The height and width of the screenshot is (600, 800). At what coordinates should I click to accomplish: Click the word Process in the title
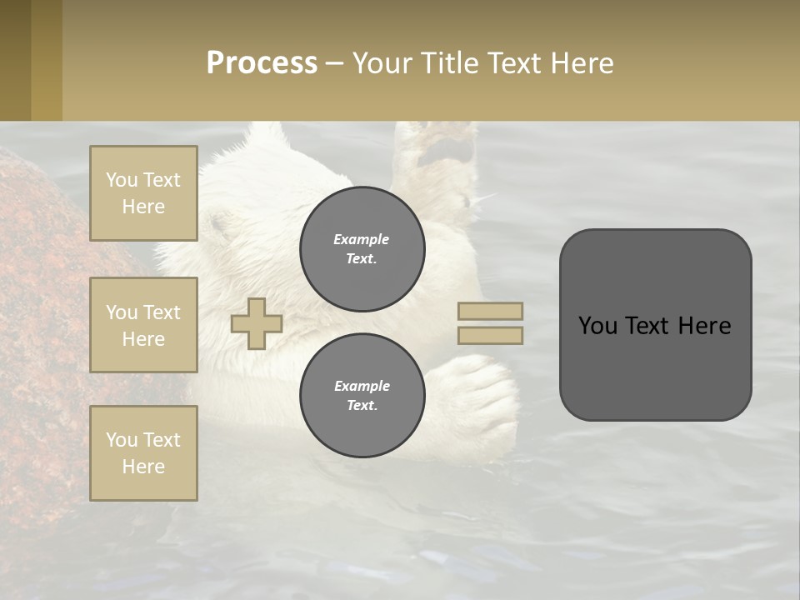[x=262, y=63]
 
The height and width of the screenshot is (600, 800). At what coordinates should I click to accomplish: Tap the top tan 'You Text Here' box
[x=143, y=193]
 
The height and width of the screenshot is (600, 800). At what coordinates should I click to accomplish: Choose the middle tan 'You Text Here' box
[x=143, y=325]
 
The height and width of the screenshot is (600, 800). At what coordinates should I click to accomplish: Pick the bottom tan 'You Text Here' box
[x=143, y=453]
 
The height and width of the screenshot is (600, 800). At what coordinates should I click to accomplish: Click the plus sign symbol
[x=257, y=323]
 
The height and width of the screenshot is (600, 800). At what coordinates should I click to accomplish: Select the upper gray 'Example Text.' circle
[x=362, y=248]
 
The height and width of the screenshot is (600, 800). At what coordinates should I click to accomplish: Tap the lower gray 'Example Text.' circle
[x=362, y=395]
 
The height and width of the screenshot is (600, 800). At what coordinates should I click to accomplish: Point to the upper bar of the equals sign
[x=491, y=311]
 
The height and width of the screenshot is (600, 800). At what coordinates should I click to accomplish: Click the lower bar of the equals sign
[x=491, y=335]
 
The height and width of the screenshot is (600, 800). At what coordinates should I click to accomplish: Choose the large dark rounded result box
[x=655, y=325]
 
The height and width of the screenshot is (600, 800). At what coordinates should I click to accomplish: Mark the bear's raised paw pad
[x=448, y=151]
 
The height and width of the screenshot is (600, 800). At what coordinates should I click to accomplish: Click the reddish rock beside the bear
[x=50, y=275]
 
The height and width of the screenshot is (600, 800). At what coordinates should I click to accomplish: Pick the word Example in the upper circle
[x=361, y=239]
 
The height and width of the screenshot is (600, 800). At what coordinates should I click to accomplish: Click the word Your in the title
[x=382, y=63]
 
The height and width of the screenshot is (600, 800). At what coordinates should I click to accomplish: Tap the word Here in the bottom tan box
[x=143, y=467]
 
